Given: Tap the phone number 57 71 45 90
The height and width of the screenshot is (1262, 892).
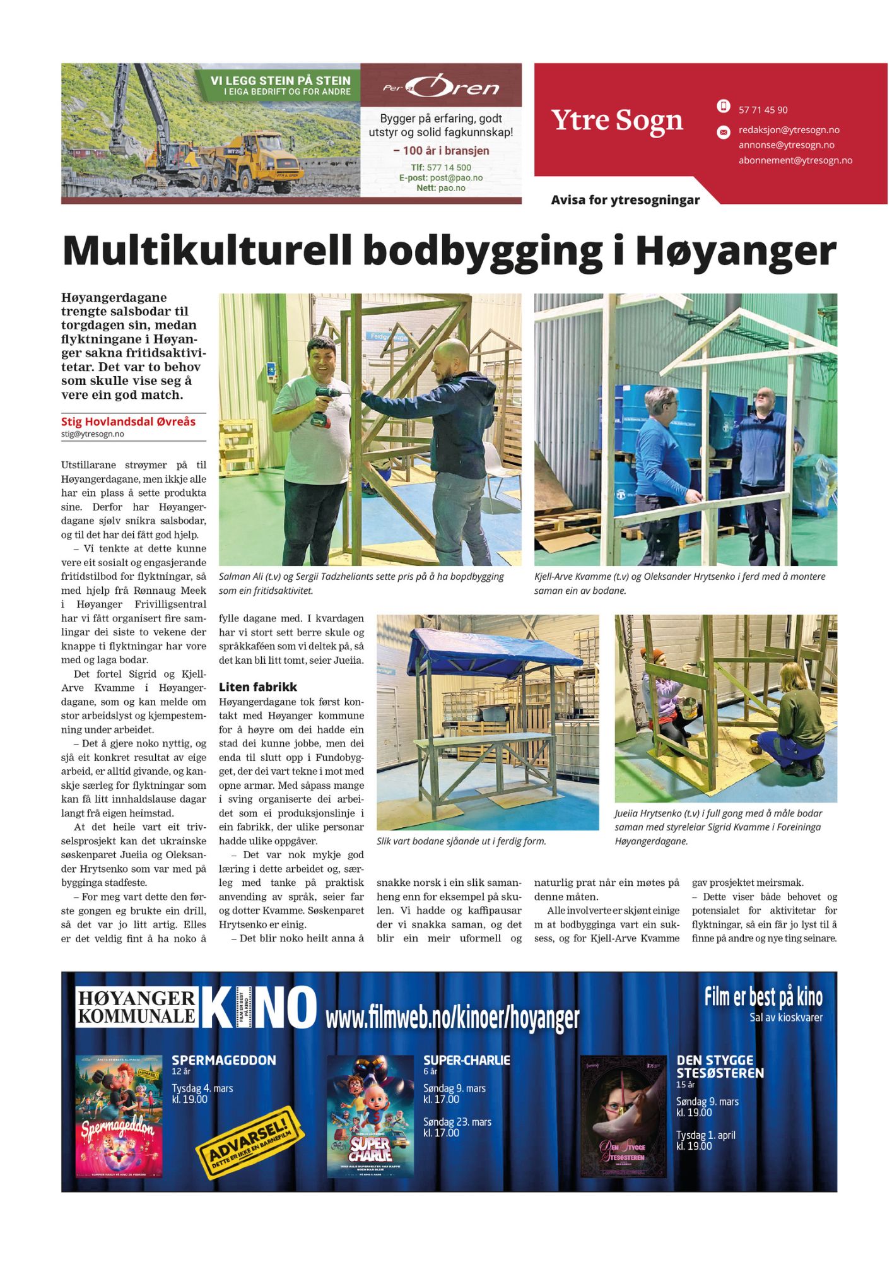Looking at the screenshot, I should point(763,110).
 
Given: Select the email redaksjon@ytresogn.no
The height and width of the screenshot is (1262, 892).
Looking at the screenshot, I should point(789,130).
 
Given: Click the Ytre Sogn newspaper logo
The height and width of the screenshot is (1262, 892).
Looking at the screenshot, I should point(617,120).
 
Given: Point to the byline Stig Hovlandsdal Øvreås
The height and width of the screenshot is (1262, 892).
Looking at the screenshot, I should point(128,422).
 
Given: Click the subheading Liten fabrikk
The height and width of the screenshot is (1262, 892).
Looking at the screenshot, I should point(257,687).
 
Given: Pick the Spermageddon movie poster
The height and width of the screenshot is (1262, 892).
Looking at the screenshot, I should point(119,1116).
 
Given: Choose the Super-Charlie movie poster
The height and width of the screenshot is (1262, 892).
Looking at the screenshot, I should point(370,1116).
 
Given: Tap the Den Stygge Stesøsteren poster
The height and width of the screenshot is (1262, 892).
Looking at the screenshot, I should point(623,1116).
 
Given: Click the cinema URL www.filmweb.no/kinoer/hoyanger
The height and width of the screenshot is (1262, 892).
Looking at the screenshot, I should point(452,1017).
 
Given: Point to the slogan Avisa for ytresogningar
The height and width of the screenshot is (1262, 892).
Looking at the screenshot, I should point(625,200).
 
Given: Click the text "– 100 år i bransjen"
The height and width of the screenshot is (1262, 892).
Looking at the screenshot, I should point(441,151).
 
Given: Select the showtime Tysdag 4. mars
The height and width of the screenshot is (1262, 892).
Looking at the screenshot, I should point(202,1088).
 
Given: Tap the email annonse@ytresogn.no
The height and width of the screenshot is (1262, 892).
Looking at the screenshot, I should point(786,145).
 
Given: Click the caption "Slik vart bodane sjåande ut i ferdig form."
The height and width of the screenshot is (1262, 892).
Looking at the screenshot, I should point(461,841).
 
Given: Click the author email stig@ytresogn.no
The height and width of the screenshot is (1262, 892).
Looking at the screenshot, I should point(93,434).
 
